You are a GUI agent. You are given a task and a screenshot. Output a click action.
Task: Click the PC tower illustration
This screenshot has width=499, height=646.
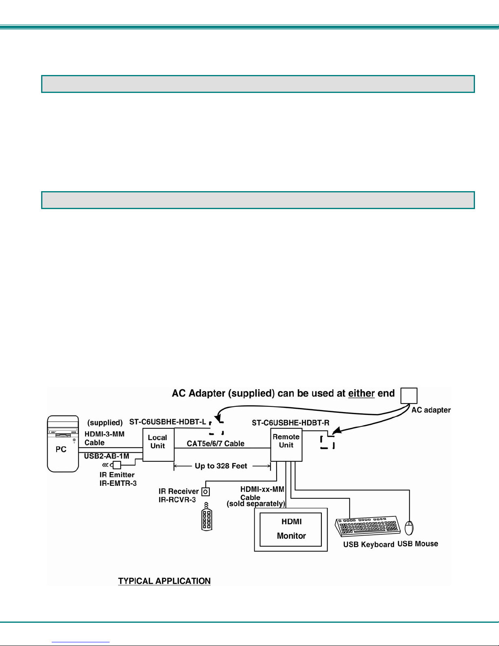pyautogui.click(x=63, y=443)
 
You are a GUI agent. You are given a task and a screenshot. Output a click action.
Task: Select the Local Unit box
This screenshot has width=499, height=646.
pyautogui.click(x=158, y=445)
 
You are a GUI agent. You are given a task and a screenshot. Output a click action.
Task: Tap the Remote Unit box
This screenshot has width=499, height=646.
pyautogui.click(x=286, y=445)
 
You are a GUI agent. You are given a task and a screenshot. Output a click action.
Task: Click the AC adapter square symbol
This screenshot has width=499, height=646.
pyautogui.click(x=409, y=396)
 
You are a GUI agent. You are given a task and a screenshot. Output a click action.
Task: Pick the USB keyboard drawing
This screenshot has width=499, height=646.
pyautogui.click(x=368, y=527)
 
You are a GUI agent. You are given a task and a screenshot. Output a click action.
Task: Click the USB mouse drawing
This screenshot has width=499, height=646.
pyautogui.click(x=409, y=528)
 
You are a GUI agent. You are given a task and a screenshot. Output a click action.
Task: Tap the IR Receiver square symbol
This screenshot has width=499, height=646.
pyautogui.click(x=206, y=492)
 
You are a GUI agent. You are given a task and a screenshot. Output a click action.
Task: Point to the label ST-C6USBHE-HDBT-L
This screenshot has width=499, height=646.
pyautogui.click(x=167, y=422)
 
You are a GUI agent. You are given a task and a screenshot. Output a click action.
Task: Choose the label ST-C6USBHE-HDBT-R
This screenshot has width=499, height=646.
pyautogui.click(x=290, y=423)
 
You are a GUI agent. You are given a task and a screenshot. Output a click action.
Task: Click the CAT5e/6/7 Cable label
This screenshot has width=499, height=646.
pyautogui.click(x=215, y=443)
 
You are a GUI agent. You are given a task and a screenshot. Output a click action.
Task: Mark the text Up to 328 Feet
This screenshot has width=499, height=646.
pyautogui.click(x=221, y=466)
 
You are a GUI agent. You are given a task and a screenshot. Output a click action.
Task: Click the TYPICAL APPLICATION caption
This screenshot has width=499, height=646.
pyautogui.click(x=164, y=581)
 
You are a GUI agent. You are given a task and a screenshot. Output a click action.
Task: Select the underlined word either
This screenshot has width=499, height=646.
pyautogui.click(x=361, y=393)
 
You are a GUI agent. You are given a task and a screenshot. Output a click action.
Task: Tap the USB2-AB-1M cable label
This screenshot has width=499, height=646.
pyautogui.click(x=107, y=456)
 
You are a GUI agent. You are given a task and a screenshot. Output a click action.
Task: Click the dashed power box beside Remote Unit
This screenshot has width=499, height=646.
pyautogui.click(x=328, y=442)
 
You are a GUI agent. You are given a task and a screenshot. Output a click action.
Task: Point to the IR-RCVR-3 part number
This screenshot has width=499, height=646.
pyautogui.click(x=177, y=500)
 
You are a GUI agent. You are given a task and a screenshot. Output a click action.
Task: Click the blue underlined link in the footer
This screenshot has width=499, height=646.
pyautogui.click(x=81, y=642)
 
